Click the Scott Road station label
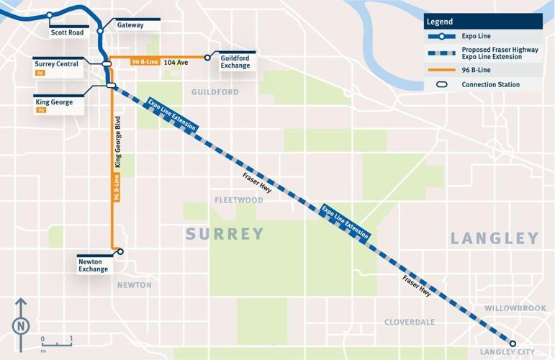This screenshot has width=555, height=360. (x=66, y=32)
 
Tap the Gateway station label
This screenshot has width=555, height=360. (x=130, y=25)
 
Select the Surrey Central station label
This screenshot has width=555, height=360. (x=56, y=64)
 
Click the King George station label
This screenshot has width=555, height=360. (x=54, y=102)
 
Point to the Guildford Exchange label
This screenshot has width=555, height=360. (x=235, y=61)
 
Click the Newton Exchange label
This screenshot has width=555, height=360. (x=93, y=266)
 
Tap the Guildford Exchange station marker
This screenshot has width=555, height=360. (x=207, y=58)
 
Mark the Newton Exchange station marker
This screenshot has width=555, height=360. (x=120, y=251)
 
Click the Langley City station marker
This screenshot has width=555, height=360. (x=513, y=343)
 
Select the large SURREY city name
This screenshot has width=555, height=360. (x=225, y=234)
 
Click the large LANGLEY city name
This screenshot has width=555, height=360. (x=495, y=238)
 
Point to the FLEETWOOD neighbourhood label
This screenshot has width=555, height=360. (x=239, y=200)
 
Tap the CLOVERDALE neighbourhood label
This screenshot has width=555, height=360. (x=410, y=322)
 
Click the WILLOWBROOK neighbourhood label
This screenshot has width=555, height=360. (x=515, y=308)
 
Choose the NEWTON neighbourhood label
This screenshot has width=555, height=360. (x=135, y=285)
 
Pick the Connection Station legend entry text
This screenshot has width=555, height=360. (x=490, y=85)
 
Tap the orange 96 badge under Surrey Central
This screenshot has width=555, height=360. (x=40, y=73)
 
